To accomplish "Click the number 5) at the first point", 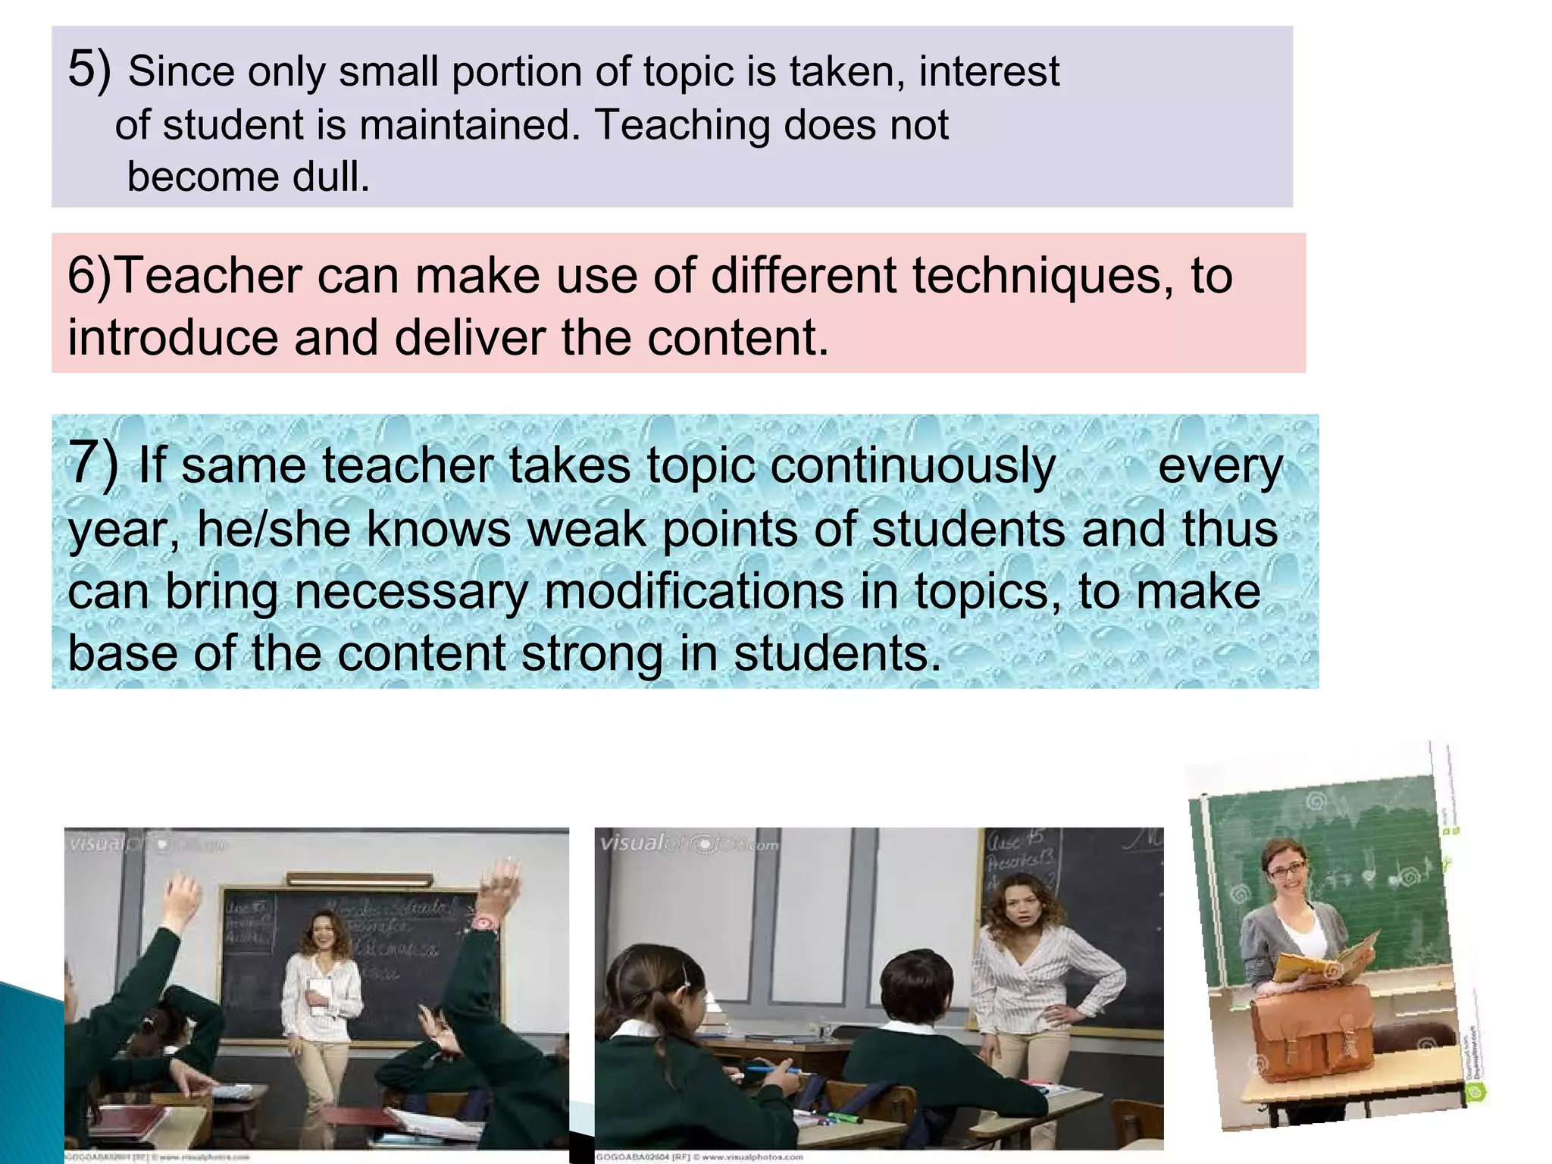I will click(x=89, y=70).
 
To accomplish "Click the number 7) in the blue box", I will click(x=92, y=462).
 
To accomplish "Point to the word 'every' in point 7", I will click(x=1220, y=467).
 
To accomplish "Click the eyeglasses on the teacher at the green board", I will click(x=1286, y=870).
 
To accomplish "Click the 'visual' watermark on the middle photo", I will click(x=631, y=843).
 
